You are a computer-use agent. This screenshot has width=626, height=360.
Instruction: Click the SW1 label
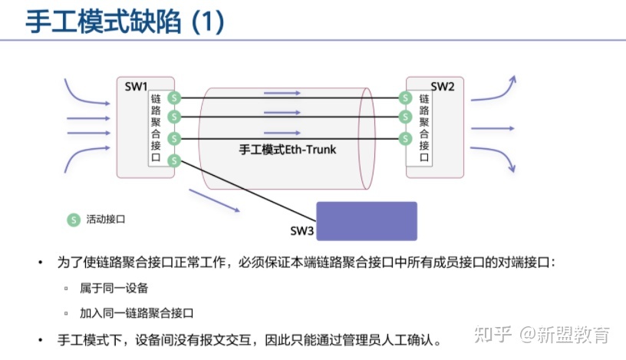136,86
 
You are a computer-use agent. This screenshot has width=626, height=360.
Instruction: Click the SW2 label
442,86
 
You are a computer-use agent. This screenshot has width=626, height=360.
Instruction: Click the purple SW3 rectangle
367,221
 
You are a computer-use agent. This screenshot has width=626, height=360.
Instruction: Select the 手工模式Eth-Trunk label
288,150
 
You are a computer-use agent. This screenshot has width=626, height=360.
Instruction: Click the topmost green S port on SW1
175,98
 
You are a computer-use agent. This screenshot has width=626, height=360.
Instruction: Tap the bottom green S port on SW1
175,160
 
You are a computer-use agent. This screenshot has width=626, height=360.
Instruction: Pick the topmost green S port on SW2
404,98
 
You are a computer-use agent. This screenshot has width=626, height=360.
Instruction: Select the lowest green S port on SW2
404,138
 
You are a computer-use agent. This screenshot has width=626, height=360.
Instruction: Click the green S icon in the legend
73,220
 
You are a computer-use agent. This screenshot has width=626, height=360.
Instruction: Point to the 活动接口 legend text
106,220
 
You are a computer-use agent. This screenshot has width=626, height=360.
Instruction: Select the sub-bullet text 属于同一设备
114,288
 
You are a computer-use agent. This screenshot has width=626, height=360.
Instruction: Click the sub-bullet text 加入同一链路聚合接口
137,313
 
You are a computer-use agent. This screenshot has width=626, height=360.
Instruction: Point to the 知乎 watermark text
492,335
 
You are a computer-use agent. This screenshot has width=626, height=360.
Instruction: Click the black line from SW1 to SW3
245,190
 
